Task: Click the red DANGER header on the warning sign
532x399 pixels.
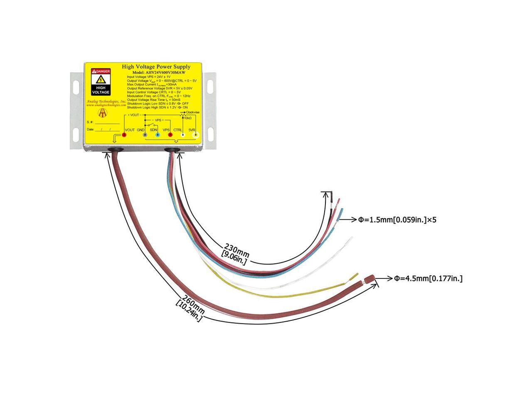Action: coord(101,71)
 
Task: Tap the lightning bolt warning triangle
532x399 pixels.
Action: coord(101,80)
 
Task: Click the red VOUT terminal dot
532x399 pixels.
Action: coord(124,135)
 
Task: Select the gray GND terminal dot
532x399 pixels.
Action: coord(145,135)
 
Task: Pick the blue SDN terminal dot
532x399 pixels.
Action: coord(157,135)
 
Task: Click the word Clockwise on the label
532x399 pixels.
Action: coord(193,112)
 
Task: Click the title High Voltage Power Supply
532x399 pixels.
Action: coord(156,66)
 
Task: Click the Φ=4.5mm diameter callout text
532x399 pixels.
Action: coord(428,278)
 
